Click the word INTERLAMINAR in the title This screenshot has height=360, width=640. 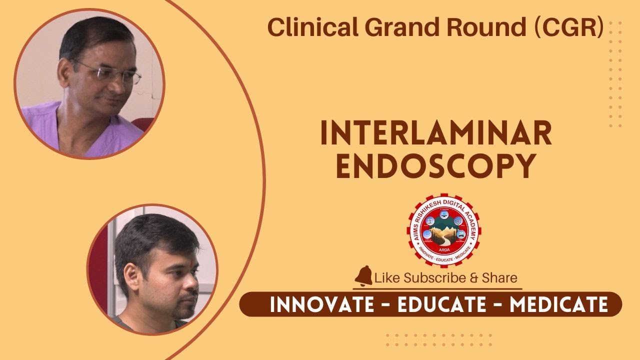pos(436,133)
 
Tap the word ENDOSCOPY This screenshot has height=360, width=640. pos(436,166)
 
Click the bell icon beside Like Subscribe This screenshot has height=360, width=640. pos(364,276)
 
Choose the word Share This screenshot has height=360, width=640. pos(499,277)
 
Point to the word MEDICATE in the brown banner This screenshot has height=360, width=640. pos(558,304)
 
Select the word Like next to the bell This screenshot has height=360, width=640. pos(387,277)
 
